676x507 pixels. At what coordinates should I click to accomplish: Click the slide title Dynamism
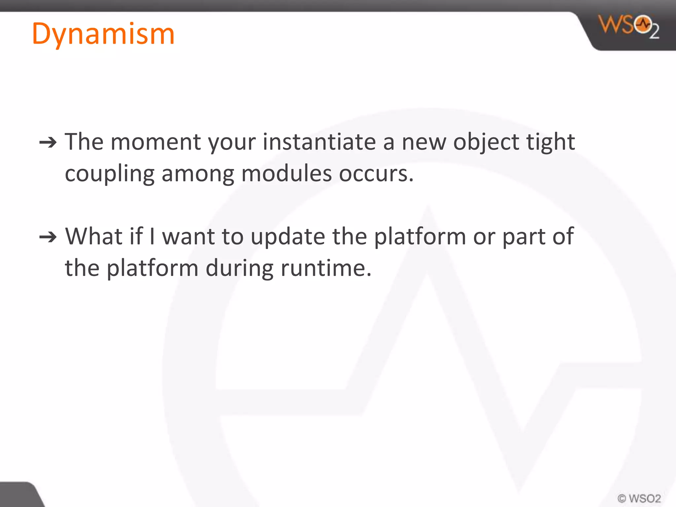pos(103,34)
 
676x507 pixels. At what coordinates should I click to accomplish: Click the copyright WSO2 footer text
pos(639,498)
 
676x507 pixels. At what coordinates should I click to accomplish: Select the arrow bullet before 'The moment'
pos(48,143)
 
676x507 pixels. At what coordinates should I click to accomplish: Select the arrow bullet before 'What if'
pos(48,237)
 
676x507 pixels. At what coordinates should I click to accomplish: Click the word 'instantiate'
pos(319,142)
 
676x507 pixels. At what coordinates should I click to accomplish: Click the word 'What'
pos(94,236)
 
